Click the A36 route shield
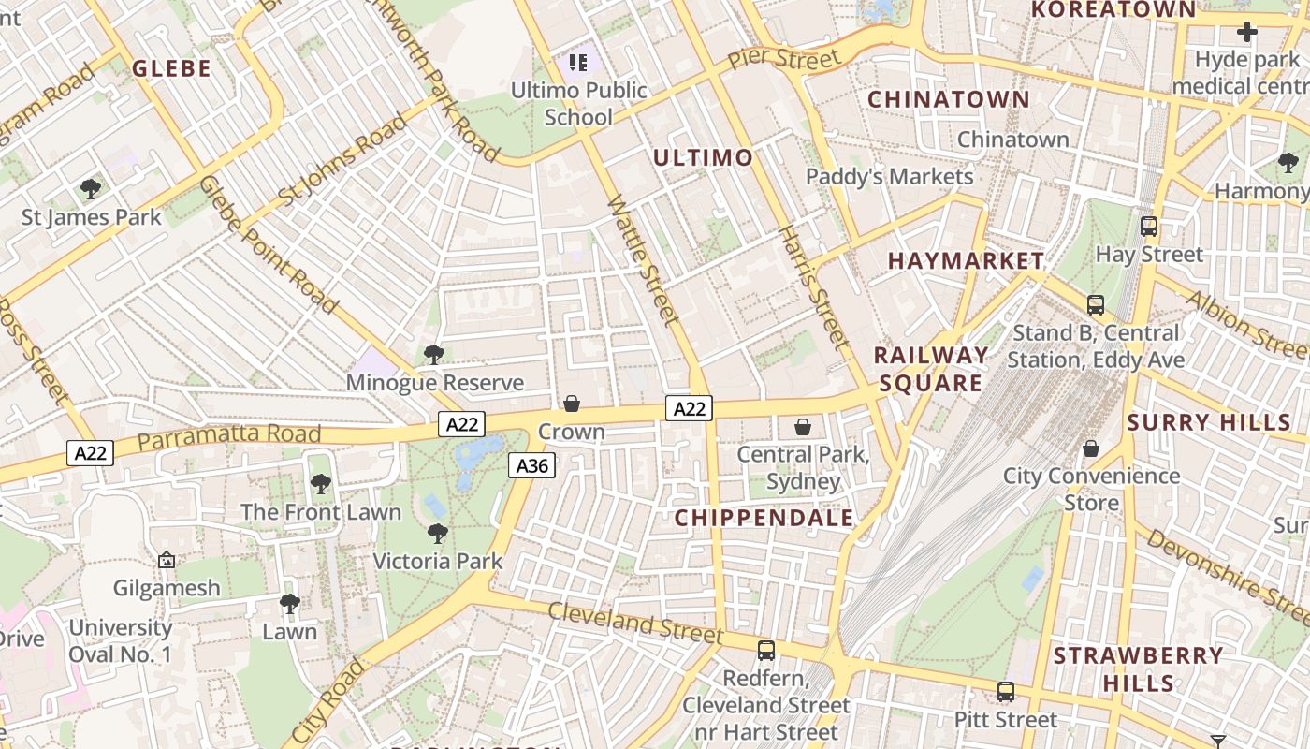coord(532,465)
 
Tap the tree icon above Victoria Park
coord(437,534)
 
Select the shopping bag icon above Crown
coord(571,404)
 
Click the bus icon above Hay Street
coord(1149,226)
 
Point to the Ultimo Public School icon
coord(578,63)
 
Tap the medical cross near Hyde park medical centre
coord(1246,33)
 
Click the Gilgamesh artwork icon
coord(167,560)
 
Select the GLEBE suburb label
coord(171,68)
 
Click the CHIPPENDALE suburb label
coord(764,518)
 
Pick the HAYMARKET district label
coord(966,261)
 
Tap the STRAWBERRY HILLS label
coord(1138,668)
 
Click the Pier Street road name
coord(784,59)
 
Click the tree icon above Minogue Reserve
coord(433,355)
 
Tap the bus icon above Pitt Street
coord(1006,692)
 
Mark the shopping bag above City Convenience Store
coord(1090,448)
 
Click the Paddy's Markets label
coord(889,176)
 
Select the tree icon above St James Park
coord(91,189)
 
